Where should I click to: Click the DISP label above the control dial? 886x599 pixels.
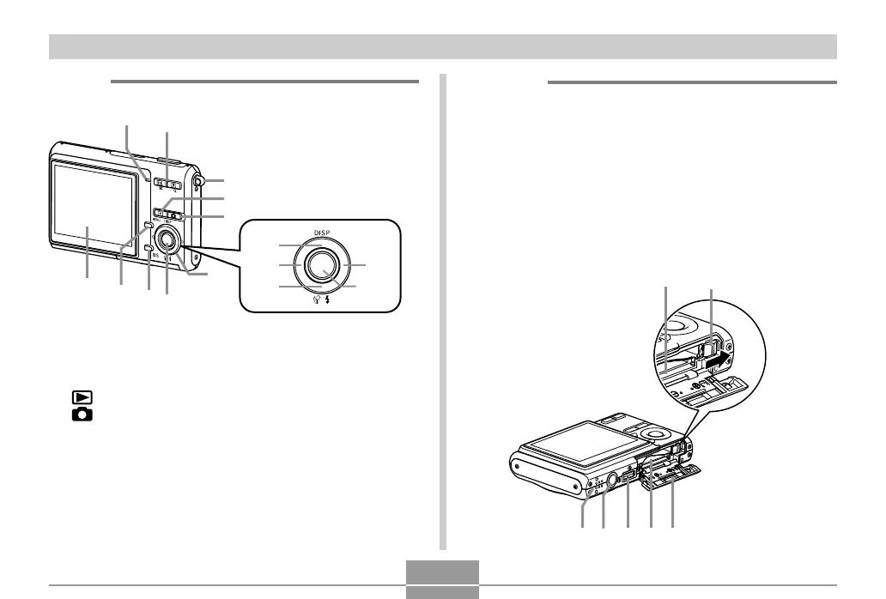[321, 232]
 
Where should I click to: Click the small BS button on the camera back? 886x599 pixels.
[149, 248]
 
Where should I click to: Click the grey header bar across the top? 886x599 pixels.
[443, 46]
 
